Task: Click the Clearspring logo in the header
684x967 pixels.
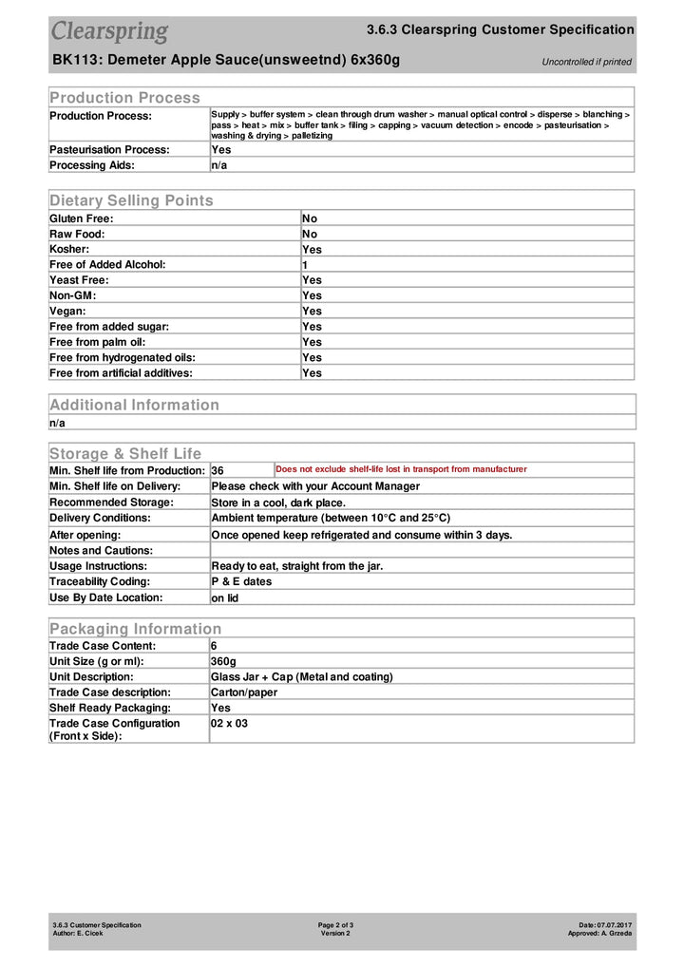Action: pos(109,31)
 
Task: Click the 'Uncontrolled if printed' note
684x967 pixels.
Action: pos(586,62)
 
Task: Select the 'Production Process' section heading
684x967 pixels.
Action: pos(124,97)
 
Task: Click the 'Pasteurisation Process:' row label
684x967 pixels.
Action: pos(109,149)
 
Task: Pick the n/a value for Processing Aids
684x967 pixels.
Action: pos(219,165)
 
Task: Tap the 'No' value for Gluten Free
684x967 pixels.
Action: pos(310,218)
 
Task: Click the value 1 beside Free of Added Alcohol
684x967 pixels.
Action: pos(305,264)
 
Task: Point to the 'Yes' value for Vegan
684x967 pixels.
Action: pos(312,311)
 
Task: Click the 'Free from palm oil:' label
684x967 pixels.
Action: pos(98,342)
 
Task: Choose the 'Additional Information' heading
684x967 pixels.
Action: pos(134,405)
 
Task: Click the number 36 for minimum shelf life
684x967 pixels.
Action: pos(218,470)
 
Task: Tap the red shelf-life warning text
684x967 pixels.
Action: pos(401,469)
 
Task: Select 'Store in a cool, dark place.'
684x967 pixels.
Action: pos(278,502)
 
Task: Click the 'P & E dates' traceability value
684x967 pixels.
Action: pos(241,581)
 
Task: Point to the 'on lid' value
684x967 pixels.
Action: pos(224,598)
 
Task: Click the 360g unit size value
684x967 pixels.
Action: pos(223,661)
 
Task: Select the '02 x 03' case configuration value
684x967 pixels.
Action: pos(229,724)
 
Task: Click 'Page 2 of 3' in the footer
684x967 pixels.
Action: pos(335,924)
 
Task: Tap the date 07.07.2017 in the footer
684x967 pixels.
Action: pos(615,924)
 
